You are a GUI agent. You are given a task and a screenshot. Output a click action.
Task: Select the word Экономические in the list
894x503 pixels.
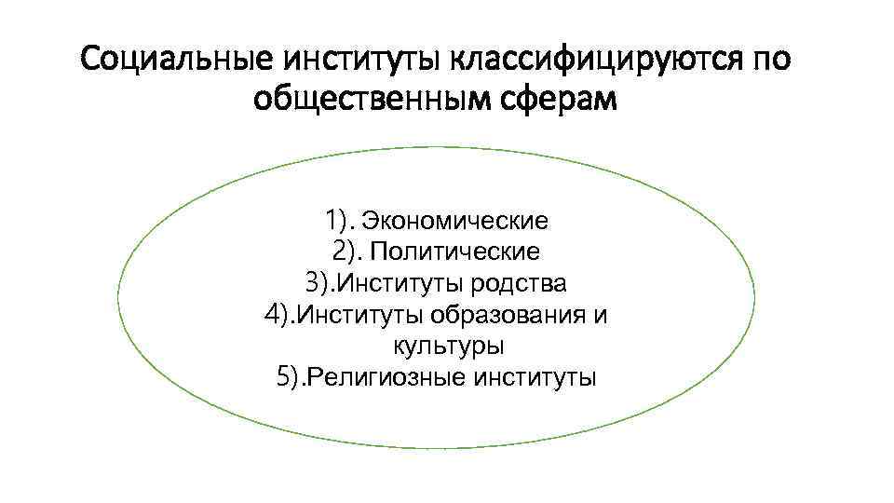click(454, 222)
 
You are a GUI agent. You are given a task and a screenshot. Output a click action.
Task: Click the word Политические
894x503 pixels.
click(455, 251)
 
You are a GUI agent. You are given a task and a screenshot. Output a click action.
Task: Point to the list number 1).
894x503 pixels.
click(340, 222)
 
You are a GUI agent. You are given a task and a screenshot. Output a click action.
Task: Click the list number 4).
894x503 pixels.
click(278, 314)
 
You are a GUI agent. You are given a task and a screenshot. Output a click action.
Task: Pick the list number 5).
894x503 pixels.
click(291, 377)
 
